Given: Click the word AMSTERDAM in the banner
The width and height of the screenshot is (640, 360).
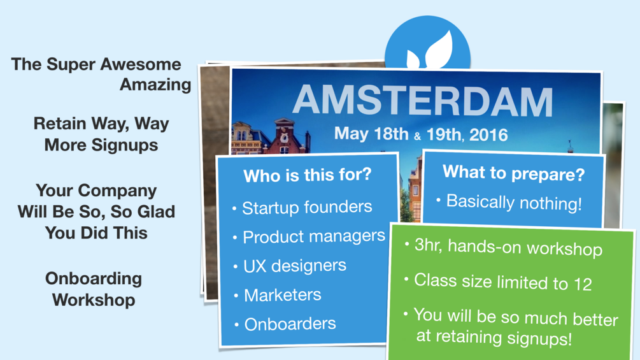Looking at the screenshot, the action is point(423,101).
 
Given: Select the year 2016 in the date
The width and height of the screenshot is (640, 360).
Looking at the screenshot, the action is point(488,135).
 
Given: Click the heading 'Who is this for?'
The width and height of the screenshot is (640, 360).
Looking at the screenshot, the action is point(308,175).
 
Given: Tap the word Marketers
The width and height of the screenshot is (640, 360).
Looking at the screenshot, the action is point(283,295).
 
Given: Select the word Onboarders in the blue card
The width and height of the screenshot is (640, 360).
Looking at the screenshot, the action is point(290,324).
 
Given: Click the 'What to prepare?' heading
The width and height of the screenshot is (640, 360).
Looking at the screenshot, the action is point(513,173).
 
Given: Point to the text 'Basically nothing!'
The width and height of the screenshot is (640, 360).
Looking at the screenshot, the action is point(514,203).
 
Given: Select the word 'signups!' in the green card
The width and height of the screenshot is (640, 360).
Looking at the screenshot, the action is point(539,338).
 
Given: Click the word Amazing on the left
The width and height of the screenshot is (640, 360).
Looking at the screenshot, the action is point(155,85).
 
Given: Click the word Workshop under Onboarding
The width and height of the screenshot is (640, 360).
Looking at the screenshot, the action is point(94,300).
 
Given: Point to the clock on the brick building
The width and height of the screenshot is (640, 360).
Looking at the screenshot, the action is point(284,138).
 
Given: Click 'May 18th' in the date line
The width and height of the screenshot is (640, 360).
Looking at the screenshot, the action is point(371,133).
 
